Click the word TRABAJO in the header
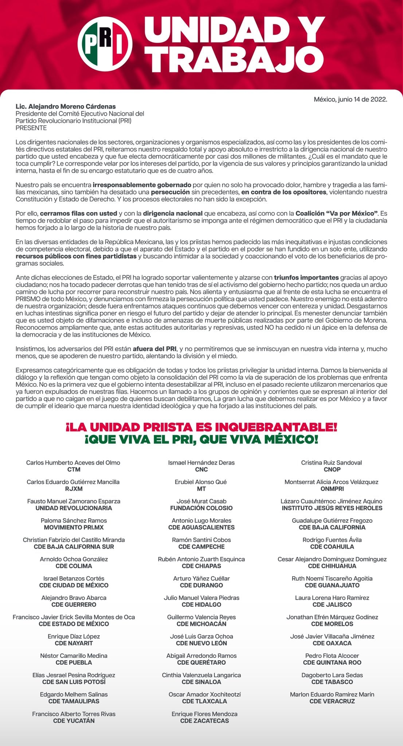(234, 59)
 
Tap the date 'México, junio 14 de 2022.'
(350, 99)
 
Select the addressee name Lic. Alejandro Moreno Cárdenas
(66, 106)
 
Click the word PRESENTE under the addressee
(31, 128)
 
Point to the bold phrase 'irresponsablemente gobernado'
(142, 185)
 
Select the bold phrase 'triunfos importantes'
(306, 278)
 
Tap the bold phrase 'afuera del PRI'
(154, 349)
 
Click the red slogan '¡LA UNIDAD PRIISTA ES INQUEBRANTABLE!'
(201, 427)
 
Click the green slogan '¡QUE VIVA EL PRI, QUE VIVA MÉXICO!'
(201, 439)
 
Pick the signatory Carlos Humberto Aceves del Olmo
(73, 463)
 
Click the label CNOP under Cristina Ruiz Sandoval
(332, 470)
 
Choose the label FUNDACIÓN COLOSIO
(201, 508)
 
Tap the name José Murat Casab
(201, 501)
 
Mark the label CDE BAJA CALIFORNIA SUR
(74, 547)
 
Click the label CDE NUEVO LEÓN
(201, 643)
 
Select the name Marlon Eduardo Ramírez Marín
(332, 694)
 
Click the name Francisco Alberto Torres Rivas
(74, 714)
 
